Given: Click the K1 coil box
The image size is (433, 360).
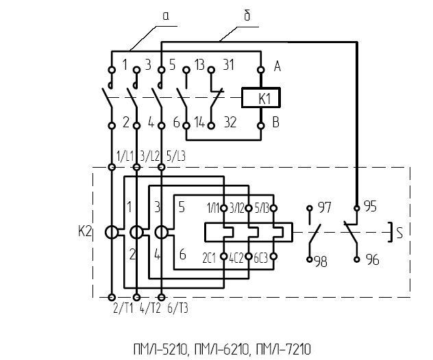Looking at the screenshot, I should (x=260, y=98).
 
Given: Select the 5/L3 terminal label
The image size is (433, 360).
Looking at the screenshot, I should (x=175, y=157).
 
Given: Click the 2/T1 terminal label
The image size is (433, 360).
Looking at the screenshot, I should (x=122, y=309).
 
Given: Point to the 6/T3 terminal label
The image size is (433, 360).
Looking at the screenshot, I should (x=174, y=309).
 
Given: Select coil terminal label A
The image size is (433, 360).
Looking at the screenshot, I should (x=277, y=66).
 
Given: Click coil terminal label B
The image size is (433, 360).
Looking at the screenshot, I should (x=277, y=125).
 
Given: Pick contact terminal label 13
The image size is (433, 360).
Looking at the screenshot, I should (x=199, y=66).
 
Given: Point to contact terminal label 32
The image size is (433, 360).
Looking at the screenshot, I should (x=230, y=125).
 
